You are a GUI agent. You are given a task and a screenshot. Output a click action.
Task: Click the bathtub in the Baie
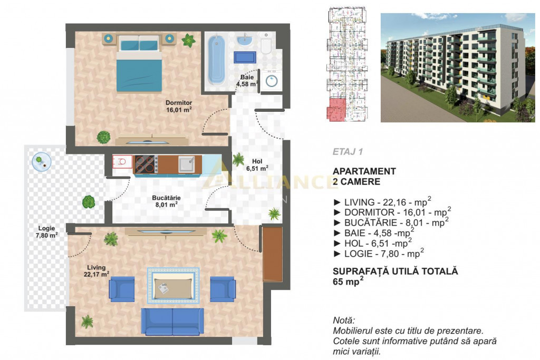216,60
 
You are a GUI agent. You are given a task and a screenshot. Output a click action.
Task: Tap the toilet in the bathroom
266,44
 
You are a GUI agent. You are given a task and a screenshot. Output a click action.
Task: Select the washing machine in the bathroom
272,81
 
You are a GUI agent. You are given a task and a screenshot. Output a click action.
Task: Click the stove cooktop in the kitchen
146,164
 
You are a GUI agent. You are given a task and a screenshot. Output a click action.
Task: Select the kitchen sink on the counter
186,164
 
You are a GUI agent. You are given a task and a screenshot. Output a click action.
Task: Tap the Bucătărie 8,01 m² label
166,201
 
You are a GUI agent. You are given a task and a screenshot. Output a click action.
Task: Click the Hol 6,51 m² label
257,165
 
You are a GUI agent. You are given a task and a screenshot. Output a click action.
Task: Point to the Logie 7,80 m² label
46,232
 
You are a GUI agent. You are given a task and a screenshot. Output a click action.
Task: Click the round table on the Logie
41,161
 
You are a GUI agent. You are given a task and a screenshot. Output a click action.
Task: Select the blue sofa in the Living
172,322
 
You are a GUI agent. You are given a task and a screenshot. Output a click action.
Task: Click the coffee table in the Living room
173,286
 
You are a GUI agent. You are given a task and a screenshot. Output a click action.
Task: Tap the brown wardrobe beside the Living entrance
273,254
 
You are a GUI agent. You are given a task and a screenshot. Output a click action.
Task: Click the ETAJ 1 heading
348,152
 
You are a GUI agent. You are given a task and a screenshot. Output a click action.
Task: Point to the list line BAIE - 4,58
374,232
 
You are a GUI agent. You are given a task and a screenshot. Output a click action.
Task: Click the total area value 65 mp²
348,281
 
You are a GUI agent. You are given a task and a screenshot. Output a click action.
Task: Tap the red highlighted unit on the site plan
336,109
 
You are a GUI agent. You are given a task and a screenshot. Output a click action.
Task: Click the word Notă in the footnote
344,320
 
